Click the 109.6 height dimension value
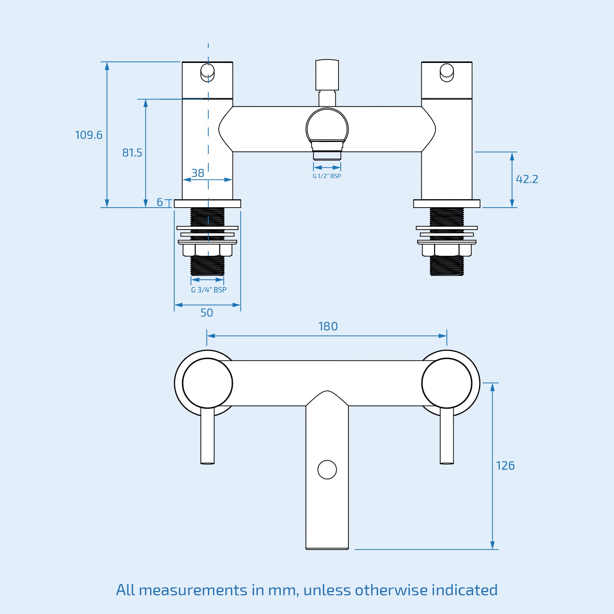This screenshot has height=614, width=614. [89, 135]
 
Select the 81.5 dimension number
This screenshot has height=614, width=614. [132, 153]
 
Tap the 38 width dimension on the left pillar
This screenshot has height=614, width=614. [198, 173]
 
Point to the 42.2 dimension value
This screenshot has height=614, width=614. [527, 179]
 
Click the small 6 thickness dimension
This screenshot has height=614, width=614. [160, 202]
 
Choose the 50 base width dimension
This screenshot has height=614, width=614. [206, 313]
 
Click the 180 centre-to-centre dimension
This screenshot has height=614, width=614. [328, 327]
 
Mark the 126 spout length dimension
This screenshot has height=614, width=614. [505, 466]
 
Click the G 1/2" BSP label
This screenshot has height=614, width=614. [327, 176]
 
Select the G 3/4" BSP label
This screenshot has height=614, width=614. [209, 290]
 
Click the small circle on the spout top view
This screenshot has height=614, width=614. [327, 470]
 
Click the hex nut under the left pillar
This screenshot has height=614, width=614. [207, 250]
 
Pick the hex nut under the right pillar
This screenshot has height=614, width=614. [447, 250]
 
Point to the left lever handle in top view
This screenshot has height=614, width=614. [207, 436]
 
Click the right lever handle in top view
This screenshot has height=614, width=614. [447, 436]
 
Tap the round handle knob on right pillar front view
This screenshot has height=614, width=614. [447, 72]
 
